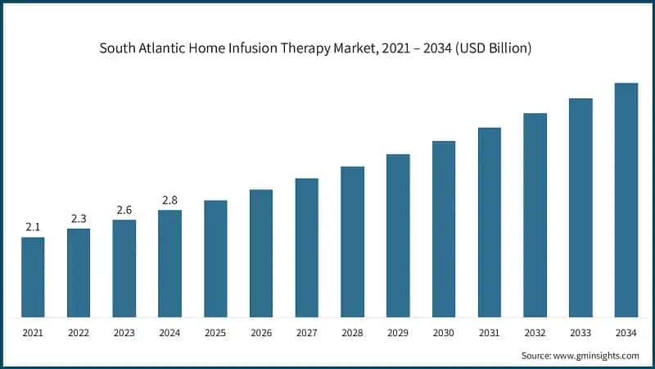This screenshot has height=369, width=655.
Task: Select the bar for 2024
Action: [169, 263]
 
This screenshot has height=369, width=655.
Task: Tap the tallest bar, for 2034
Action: [626, 200]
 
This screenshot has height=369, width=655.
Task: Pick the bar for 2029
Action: [398, 235]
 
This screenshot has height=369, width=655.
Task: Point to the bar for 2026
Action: [261, 253]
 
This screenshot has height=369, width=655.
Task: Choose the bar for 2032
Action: [535, 215]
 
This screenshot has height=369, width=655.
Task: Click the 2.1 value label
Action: [33, 226]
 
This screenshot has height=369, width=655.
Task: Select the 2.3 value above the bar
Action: [79, 217]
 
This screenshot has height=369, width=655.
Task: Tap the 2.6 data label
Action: [124, 210]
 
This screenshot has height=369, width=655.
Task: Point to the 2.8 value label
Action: [169, 199]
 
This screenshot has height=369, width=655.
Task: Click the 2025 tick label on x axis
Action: [215, 333]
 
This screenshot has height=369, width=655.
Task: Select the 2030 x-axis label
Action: [444, 333]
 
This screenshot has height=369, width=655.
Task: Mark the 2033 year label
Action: [580, 333]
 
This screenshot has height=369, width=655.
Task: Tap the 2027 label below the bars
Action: [307, 333]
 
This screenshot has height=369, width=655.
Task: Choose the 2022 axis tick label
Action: [79, 333]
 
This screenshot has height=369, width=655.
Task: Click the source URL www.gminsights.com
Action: [595, 355]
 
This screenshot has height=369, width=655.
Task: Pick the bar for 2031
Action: [490, 222]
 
